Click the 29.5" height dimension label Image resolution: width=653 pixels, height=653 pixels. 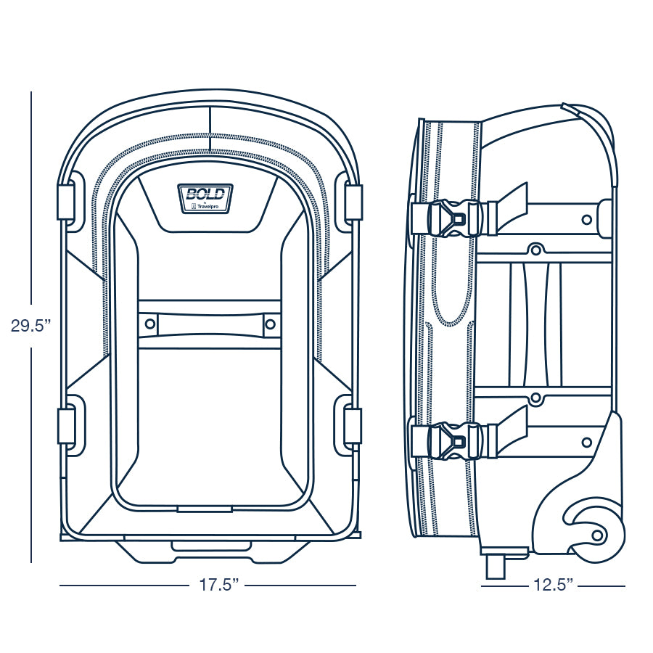click(30, 326)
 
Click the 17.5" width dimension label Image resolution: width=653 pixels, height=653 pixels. click(217, 585)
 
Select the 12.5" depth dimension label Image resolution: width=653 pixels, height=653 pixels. click(554, 585)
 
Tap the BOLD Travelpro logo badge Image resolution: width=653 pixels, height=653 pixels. click(205, 199)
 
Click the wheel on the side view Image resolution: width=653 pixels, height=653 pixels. click(595, 533)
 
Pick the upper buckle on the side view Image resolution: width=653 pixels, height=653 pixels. click(452, 218)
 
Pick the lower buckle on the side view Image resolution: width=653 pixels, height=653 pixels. click(452, 440)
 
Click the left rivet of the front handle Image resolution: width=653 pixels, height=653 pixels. click(149, 324)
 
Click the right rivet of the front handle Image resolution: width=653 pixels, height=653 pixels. click(270, 324)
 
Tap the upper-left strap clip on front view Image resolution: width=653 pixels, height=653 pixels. click(66, 202)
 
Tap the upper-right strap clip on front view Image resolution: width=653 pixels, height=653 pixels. click(353, 202)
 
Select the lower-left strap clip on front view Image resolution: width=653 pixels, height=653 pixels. click(66, 425)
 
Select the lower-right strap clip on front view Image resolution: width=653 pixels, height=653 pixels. click(353, 425)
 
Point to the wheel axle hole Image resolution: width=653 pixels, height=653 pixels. click(597, 535)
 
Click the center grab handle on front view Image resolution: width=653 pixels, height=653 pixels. click(210, 324)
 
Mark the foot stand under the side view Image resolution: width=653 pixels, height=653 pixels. click(495, 567)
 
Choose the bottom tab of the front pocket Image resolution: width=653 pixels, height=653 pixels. click(205, 509)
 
